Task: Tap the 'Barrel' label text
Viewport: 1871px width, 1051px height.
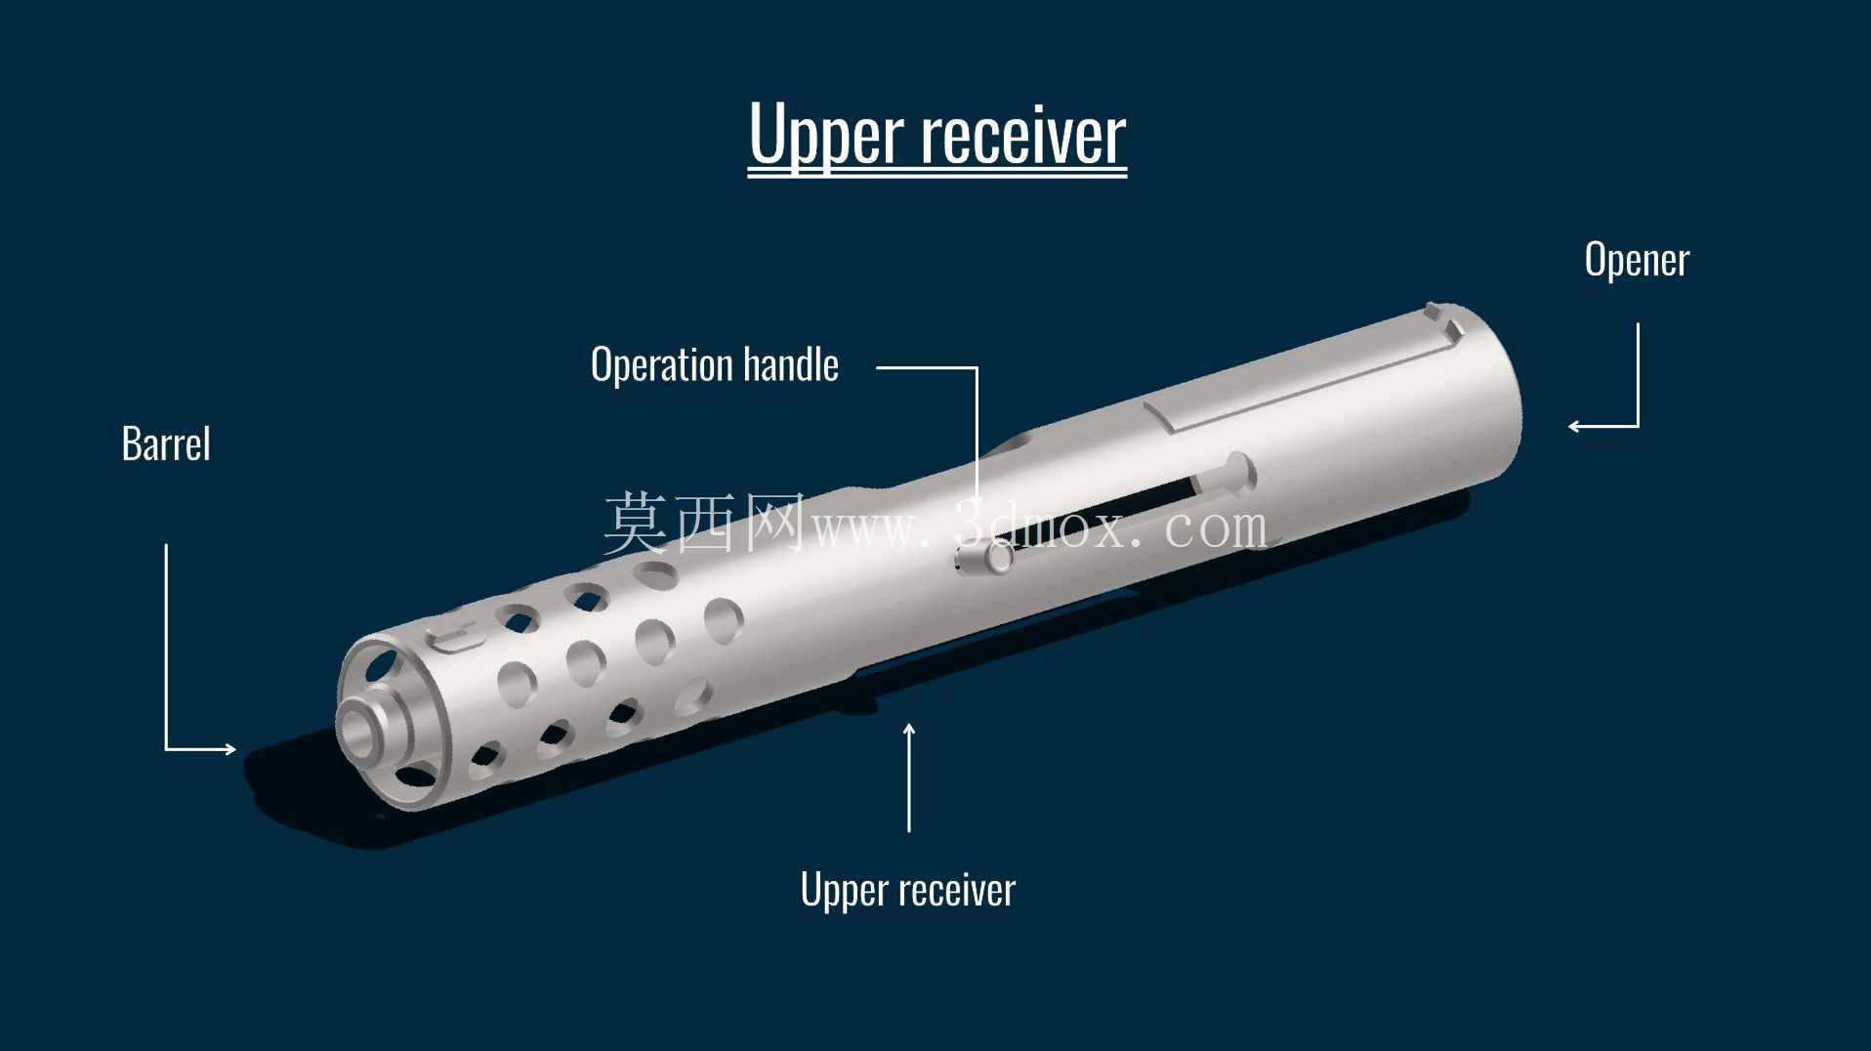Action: pos(166,443)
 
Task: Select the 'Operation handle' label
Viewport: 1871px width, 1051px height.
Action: pos(715,365)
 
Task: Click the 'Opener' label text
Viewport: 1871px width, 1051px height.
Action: pos(1637,260)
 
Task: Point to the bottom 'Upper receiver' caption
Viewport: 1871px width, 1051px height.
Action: pos(908,890)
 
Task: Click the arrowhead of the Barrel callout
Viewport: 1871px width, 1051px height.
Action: pos(230,749)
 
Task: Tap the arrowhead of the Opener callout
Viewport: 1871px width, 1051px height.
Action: pos(1574,426)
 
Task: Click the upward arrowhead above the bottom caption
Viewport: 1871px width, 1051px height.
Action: pos(909,730)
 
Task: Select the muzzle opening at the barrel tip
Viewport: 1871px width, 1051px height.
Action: pos(361,731)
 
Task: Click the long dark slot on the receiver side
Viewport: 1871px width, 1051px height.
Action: pos(1113,509)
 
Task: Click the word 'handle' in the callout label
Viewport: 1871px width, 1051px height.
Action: pos(791,364)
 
